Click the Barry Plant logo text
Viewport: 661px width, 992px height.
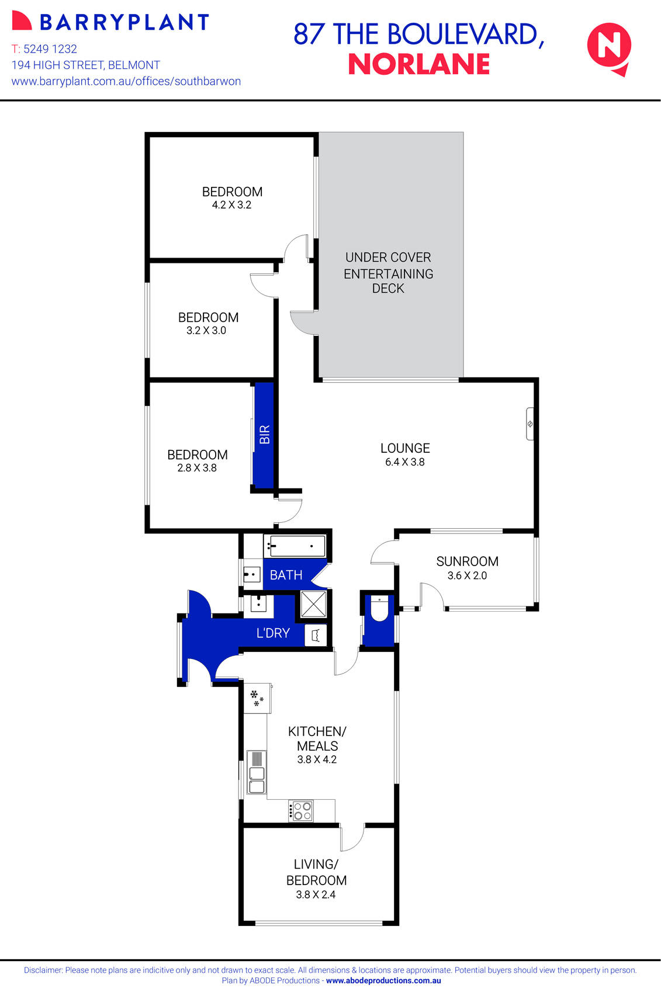click(123, 22)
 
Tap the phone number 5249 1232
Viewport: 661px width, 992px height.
click(50, 49)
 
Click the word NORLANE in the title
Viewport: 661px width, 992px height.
click(419, 65)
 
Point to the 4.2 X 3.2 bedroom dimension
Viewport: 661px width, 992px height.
click(231, 205)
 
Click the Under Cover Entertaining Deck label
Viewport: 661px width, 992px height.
click(388, 273)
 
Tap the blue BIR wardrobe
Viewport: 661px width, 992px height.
click(264, 435)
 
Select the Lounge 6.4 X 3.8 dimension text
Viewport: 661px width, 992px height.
click(404, 462)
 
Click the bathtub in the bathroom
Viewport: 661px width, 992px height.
click(296, 546)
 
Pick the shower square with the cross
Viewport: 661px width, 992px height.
click(313, 604)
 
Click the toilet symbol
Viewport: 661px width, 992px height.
click(379, 609)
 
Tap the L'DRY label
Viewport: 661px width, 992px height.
click(273, 633)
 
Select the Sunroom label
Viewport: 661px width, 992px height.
click(467, 561)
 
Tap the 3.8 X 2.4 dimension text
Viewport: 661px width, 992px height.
click(316, 894)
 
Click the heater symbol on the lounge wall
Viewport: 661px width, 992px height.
click(530, 424)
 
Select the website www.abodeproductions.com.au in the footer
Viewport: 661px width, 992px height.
click(383, 981)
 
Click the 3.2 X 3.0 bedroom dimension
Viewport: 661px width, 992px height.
click(206, 331)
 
